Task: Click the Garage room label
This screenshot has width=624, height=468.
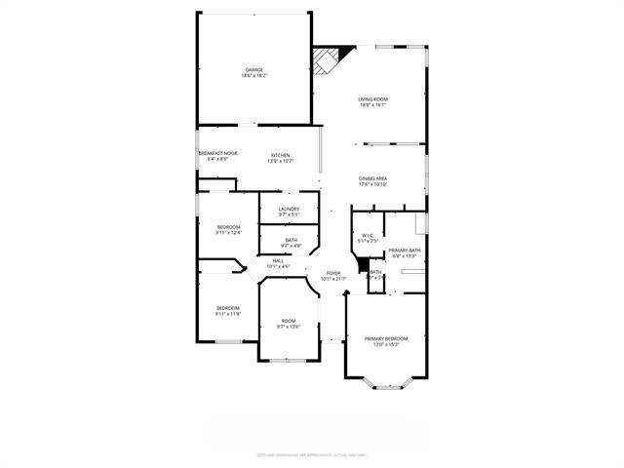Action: pos(254,70)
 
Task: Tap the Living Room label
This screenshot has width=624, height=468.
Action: pos(372,99)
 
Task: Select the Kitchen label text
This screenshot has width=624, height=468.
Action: pos(282,155)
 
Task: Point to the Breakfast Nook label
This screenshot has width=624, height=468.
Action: pos(218,153)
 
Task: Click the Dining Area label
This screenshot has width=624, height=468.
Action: pos(373,178)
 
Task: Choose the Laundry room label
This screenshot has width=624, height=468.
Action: pos(289,209)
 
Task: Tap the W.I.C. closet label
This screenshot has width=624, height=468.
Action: pos(368,235)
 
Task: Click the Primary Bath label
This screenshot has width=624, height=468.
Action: pos(405,251)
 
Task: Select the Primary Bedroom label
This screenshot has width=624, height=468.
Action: pos(386,338)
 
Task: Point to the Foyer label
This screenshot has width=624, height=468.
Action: pos(333,273)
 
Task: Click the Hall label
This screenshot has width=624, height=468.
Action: pos(278,260)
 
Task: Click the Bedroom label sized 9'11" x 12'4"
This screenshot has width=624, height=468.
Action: pos(227,227)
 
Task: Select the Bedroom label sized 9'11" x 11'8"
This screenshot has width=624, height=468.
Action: pos(227,308)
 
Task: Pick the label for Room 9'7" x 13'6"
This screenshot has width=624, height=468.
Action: pos(289,321)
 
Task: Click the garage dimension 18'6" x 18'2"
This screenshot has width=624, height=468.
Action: pos(254,76)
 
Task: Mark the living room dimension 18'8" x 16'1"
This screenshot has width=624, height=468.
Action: pos(372,105)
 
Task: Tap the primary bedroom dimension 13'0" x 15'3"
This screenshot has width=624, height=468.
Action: pos(386,344)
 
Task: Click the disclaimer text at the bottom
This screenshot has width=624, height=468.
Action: pos(312,453)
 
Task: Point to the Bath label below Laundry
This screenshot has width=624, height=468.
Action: pos(292,240)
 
